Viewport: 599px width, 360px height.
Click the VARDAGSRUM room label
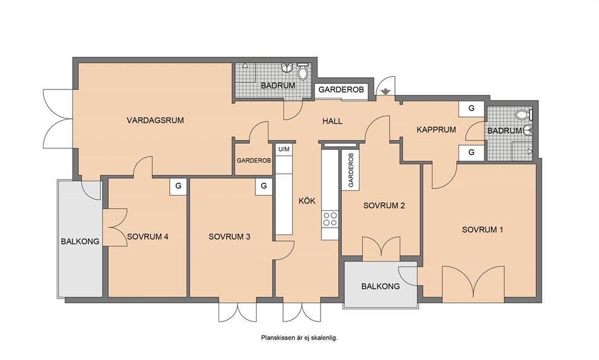pos(155,120)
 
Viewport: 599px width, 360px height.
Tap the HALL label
pos(332,121)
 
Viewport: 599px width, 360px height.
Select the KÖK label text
pos(307,201)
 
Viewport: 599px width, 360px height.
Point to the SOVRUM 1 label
pos(482,230)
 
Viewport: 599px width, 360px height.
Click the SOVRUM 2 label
pos(384,205)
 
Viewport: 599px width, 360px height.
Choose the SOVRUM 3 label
pos(229,237)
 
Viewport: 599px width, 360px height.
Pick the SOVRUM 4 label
pos(147,237)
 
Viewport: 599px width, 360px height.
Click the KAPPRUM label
pos(436,130)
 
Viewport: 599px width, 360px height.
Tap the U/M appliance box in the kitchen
pos(284,149)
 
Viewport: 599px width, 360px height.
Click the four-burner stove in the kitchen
pos(330,219)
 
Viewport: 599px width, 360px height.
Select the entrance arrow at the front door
pos(385,92)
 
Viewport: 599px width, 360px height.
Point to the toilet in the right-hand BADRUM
pos(524,114)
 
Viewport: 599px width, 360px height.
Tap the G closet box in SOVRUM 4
pos(178,187)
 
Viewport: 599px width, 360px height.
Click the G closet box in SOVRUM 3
pos(264,187)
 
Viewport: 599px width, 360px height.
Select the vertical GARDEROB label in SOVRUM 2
pos(351,170)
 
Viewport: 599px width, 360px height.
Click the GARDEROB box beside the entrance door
pos(341,90)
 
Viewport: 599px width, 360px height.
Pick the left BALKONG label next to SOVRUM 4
pos(80,242)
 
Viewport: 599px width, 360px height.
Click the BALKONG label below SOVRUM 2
pos(380,286)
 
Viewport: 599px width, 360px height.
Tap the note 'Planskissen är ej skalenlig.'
pos(299,338)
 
